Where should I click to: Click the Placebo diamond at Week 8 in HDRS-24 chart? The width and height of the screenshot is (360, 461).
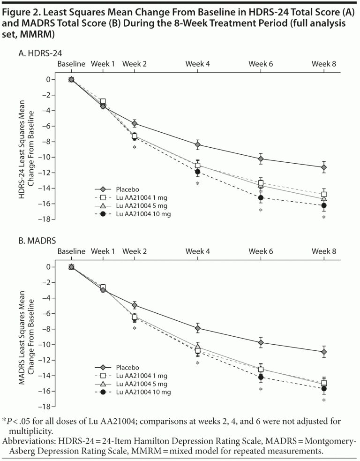click(323, 167)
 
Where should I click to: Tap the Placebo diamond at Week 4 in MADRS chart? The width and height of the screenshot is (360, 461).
click(198, 328)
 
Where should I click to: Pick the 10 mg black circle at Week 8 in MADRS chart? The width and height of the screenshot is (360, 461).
click(323, 389)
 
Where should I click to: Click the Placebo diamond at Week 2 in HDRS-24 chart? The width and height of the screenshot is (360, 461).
click(135, 124)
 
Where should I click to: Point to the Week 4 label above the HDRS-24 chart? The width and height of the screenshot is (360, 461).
click(198, 64)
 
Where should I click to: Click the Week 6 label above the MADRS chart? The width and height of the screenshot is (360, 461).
click(261, 251)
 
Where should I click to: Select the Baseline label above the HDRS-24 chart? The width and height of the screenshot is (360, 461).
click(71, 64)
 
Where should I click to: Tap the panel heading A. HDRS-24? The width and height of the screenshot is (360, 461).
click(40, 54)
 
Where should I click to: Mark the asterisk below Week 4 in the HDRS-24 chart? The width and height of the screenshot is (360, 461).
click(198, 183)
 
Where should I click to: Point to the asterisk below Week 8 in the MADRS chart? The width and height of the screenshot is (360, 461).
click(323, 401)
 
